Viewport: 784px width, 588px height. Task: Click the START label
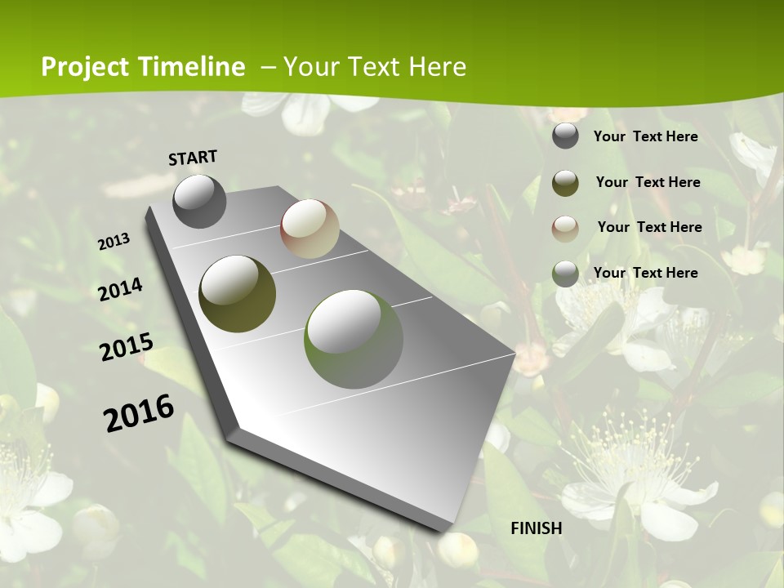tap(193, 158)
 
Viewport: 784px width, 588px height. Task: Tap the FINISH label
tap(536, 528)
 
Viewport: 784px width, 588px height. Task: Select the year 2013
tap(114, 242)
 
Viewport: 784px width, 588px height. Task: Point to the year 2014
tap(121, 290)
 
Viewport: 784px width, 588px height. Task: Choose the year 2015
tap(127, 347)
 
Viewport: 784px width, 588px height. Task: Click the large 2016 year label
tap(139, 412)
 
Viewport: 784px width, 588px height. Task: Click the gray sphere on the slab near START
tap(199, 201)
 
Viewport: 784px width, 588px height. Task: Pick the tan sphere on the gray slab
tap(310, 229)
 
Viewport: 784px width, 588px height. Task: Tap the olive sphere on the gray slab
tap(237, 294)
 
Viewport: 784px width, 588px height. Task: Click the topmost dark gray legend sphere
tap(565, 136)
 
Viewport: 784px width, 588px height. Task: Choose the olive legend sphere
tap(565, 182)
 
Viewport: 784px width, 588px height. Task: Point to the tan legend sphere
tap(565, 228)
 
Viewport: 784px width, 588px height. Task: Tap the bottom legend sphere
tap(565, 273)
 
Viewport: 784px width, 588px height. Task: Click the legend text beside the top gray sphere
tap(645, 136)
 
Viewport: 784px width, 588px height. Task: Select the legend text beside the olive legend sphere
tap(648, 182)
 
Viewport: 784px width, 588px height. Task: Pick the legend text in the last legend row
tap(645, 273)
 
